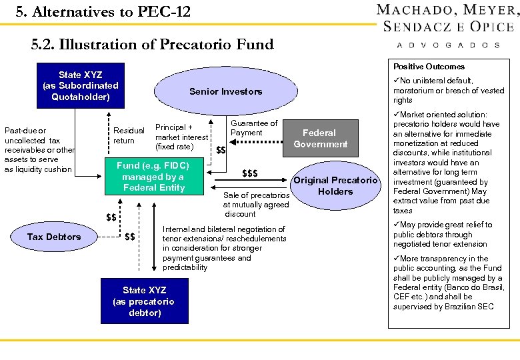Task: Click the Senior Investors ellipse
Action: coord(225,91)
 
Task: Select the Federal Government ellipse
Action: coord(320,138)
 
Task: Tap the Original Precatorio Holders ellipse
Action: coord(335,186)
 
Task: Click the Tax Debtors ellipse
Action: coord(54,237)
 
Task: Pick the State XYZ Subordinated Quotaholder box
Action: coord(80,85)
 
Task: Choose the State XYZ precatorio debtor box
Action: coord(143,301)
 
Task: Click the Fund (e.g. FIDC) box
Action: coord(153,177)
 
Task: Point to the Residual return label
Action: coord(129,135)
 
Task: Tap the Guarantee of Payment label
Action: coord(253,128)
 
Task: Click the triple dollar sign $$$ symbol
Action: coord(249,174)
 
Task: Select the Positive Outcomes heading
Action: coord(429,67)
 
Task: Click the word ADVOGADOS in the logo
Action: coord(447,45)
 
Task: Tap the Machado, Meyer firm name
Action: coord(447,10)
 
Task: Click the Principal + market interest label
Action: coord(181,137)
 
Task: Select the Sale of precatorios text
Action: coord(256,205)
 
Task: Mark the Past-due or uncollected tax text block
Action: coord(37,150)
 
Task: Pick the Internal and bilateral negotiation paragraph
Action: coord(223,248)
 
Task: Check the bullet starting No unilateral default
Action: coord(448,90)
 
